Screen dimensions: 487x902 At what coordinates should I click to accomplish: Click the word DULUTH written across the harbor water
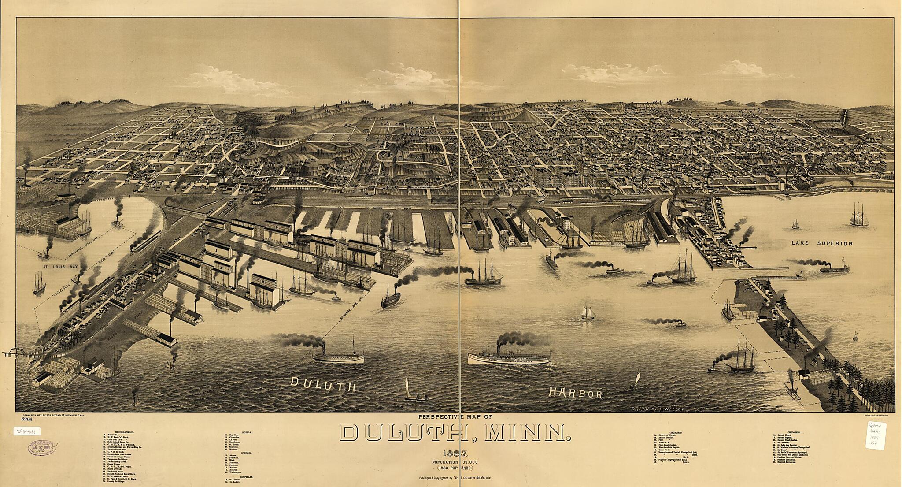click(x=322, y=385)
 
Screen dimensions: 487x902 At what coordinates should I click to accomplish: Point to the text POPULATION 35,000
click(x=455, y=462)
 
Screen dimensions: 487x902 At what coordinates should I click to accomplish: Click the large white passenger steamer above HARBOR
click(x=509, y=356)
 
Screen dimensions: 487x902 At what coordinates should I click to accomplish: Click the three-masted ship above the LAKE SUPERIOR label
click(x=859, y=216)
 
